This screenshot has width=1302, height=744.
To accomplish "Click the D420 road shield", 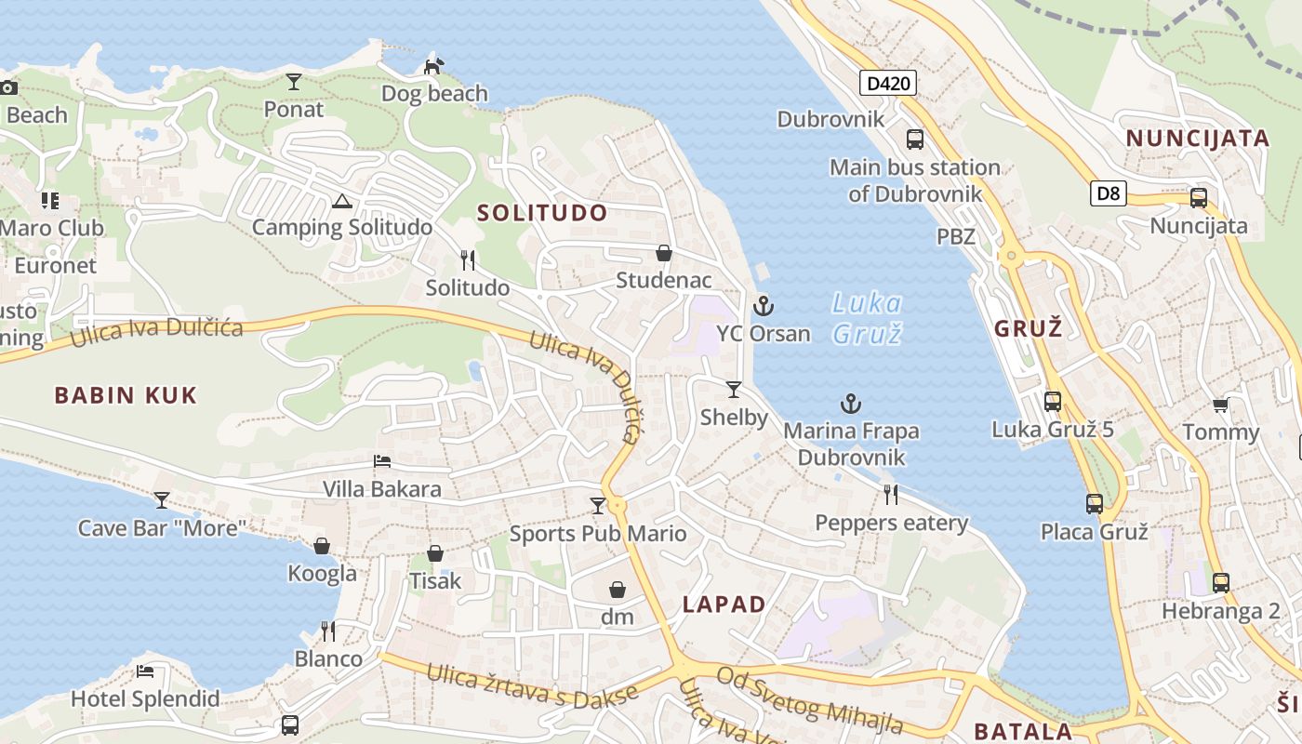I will (x=887, y=84).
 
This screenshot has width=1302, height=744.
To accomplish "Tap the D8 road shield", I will (x=1109, y=193).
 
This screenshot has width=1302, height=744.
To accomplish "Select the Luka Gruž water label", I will (x=867, y=318).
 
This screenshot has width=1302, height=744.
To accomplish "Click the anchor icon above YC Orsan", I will (x=764, y=305).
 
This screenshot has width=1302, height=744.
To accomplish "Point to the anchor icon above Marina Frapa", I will (x=851, y=404).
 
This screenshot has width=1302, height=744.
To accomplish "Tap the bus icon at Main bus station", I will (x=915, y=139).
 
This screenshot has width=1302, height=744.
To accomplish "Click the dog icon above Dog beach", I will (x=433, y=66).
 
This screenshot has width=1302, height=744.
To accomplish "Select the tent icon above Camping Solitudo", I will (x=342, y=201).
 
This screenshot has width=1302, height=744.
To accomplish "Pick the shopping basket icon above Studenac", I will (x=664, y=253).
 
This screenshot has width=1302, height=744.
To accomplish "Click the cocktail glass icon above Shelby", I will (x=734, y=389).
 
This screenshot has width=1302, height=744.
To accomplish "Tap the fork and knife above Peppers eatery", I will (x=891, y=495).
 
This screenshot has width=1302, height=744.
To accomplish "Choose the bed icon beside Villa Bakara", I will (x=381, y=461).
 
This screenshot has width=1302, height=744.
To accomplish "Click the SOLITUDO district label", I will (x=542, y=213).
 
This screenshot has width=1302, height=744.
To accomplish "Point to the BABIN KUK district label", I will (x=126, y=395).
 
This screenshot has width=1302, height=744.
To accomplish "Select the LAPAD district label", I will (x=724, y=604).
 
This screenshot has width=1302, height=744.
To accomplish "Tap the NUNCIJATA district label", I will (x=1198, y=139).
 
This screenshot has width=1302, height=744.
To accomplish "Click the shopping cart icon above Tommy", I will (x=1220, y=405).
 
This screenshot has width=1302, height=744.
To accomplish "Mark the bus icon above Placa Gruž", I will (x=1095, y=504).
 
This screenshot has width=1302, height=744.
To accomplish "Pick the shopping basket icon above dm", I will (x=617, y=590).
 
